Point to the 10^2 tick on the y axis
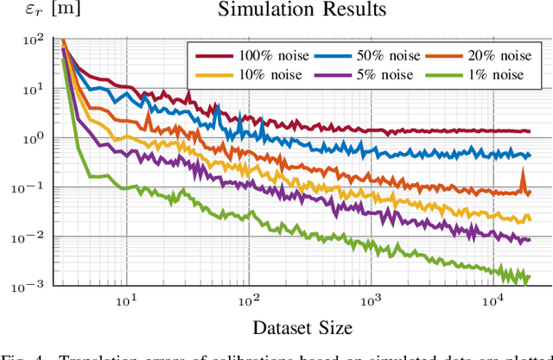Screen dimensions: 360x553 32,40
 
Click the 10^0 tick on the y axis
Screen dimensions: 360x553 32,138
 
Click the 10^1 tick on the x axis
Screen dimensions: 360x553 126,300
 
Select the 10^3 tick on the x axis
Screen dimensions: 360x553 371,300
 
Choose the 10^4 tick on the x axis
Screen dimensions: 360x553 493,300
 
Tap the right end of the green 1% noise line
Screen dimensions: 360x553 529,276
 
